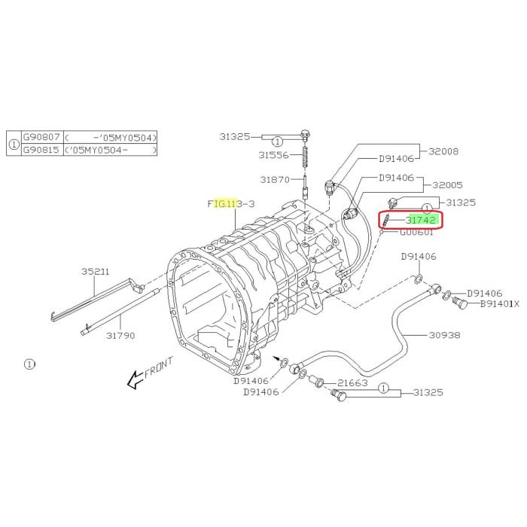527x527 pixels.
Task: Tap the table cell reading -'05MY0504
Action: [111, 136]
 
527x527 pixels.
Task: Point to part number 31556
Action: [274, 155]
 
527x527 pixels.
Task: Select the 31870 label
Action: [275, 180]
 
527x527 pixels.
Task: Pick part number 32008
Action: [443, 151]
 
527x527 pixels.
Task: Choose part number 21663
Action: [352, 383]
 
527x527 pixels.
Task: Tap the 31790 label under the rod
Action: [120, 335]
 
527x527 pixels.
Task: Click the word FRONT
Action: [159, 370]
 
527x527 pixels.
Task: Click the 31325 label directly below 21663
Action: [427, 393]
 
